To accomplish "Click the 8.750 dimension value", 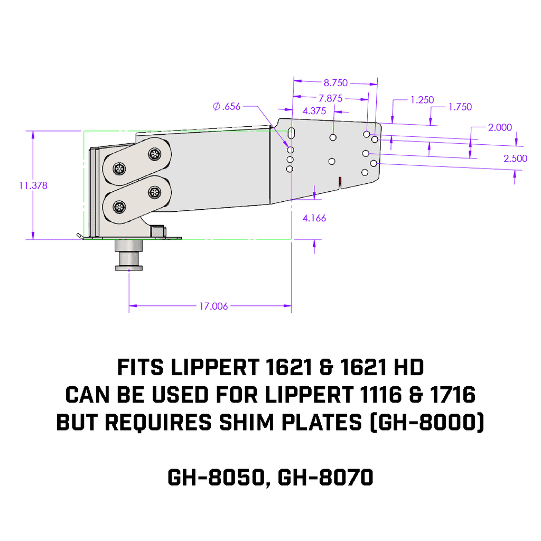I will point(335,82).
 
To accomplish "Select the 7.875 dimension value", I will point(331,98).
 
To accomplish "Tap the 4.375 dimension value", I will point(314,111).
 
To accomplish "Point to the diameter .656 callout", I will point(227,106).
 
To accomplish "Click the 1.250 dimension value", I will point(422,100).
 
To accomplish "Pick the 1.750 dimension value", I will point(460,107).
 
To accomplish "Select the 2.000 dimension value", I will point(499,127).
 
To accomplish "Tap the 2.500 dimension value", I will point(515,158).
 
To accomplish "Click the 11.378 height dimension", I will point(33,185).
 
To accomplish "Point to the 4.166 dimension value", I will point(314,218).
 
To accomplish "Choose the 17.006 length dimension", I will point(213,306).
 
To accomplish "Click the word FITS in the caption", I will point(139,366).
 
